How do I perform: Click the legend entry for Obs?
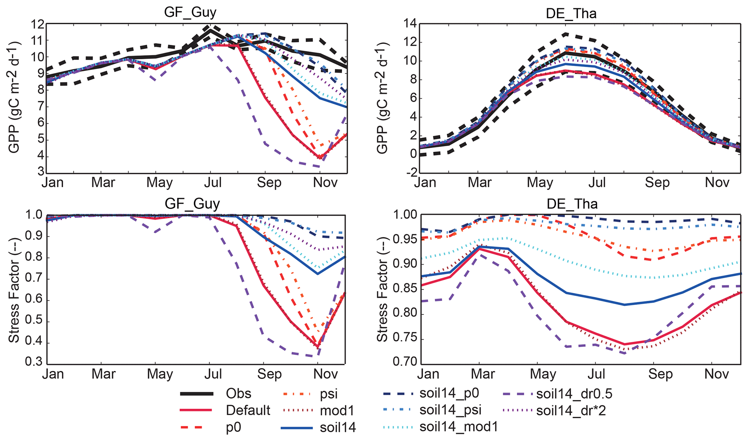click(x=238, y=393)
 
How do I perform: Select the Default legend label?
click(x=248, y=410)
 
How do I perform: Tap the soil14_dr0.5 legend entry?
click(x=574, y=393)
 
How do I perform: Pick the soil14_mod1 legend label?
click(x=459, y=427)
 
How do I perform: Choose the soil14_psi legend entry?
click(x=450, y=410)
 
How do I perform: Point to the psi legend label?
click(x=329, y=393)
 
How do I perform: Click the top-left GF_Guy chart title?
click(x=190, y=12)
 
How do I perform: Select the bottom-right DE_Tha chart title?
click(x=572, y=204)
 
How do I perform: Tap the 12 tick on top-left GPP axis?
click(x=38, y=24)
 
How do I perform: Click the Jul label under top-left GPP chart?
click(x=213, y=182)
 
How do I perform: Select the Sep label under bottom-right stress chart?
click(x=660, y=374)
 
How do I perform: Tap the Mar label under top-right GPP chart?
click(x=479, y=182)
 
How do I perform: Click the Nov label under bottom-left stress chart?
click(x=325, y=374)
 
